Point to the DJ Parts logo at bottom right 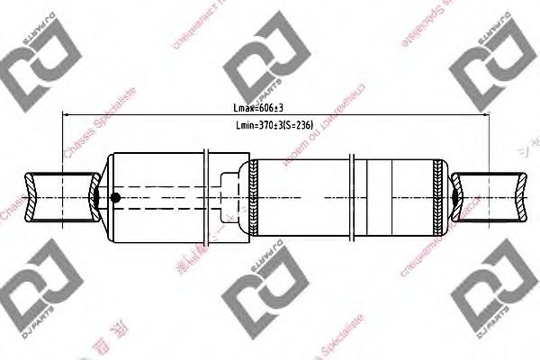pyautogui.click(x=490, y=283)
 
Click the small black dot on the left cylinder pyautogui.click(x=114, y=198)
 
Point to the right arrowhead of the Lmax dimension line pyautogui.click(x=483, y=114)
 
